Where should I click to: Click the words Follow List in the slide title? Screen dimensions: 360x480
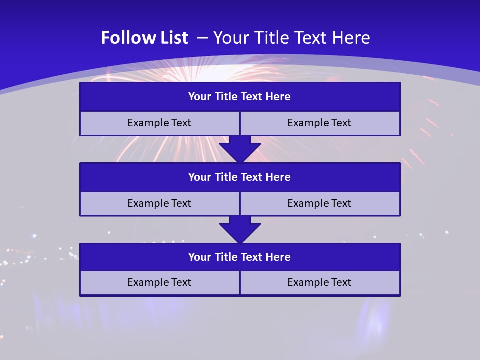click(x=144, y=38)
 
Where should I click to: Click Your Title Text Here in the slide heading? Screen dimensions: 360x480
click(x=292, y=38)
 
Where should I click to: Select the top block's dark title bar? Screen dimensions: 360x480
click(x=240, y=97)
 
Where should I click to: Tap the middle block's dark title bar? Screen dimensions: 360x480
click(x=240, y=177)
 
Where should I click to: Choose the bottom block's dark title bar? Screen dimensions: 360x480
click(x=240, y=257)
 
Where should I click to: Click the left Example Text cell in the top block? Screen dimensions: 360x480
click(x=159, y=123)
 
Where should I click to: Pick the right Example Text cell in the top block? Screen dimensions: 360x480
click(x=320, y=123)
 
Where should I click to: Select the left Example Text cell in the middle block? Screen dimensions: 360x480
click(x=159, y=204)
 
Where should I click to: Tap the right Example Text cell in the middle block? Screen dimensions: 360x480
click(x=320, y=204)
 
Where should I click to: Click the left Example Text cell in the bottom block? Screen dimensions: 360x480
click(x=159, y=283)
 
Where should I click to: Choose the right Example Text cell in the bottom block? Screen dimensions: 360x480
click(x=320, y=283)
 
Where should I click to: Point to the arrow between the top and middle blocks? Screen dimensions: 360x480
click(x=240, y=149)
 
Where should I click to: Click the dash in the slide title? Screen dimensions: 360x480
click(x=202, y=38)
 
